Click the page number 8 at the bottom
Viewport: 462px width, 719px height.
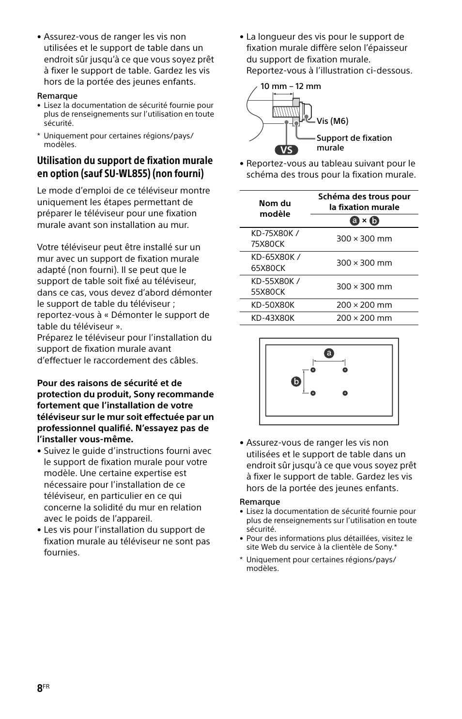coord(40,689)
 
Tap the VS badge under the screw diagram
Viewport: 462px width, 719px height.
coord(286,150)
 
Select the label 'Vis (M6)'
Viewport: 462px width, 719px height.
coord(332,121)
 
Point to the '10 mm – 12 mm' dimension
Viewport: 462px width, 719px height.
coord(291,86)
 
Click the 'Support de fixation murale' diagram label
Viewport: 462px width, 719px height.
coord(354,143)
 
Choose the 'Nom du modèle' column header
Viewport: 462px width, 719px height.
coord(275,209)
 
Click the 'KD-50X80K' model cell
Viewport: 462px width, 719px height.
coord(273,305)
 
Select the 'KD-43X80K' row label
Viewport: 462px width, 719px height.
coord(273,318)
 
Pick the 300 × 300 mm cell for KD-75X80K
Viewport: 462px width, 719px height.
coord(364,239)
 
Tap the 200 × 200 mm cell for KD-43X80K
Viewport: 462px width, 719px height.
coord(364,318)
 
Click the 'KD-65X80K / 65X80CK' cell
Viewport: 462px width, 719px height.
coord(276,262)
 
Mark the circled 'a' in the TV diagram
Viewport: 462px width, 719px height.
coord(329,353)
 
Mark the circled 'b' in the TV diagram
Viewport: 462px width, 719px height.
coord(295,381)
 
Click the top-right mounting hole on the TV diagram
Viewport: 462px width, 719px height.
coord(345,370)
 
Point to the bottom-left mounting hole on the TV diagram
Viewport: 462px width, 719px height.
coord(313,393)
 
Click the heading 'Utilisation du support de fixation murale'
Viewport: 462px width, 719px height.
coord(124,161)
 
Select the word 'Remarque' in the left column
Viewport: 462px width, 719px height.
coord(57,96)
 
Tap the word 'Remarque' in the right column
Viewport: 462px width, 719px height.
coord(260,502)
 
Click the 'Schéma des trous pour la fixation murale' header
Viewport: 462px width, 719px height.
coord(364,202)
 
